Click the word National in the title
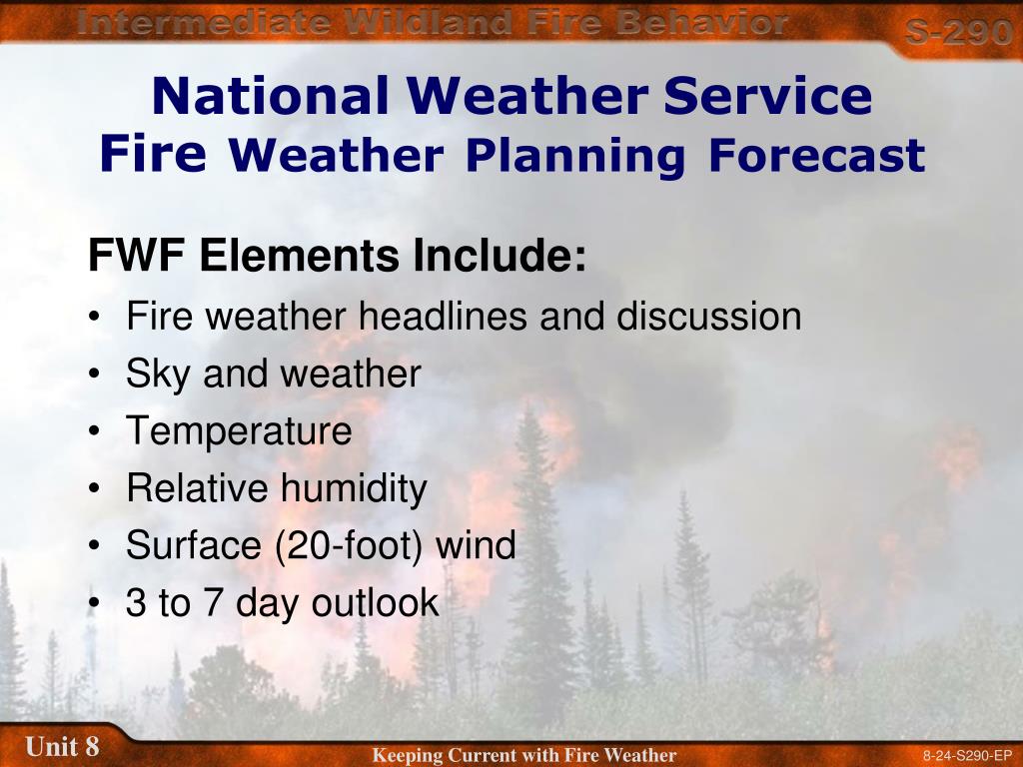271,95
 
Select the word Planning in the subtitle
574,157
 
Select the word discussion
708,316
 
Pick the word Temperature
239,431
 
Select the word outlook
376,602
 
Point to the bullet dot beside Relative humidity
95,488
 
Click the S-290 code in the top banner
958,31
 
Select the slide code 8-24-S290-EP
967,757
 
